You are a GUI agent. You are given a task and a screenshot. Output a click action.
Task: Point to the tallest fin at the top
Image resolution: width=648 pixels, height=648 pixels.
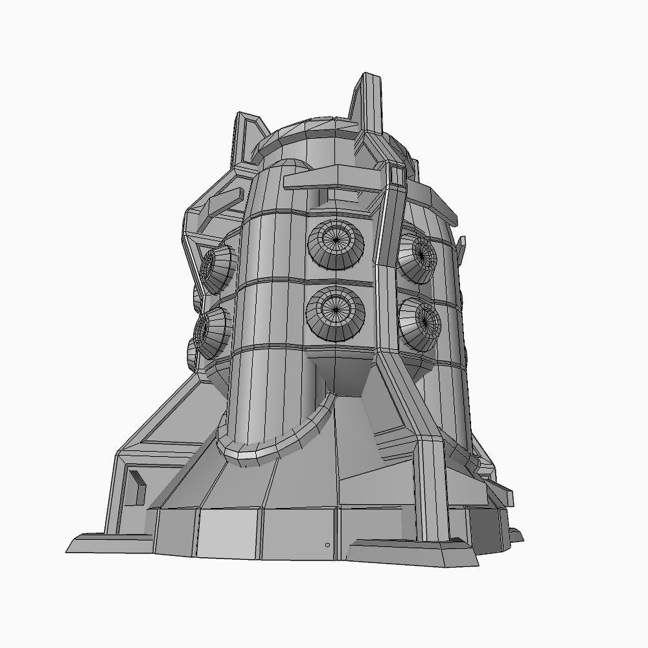(367, 104)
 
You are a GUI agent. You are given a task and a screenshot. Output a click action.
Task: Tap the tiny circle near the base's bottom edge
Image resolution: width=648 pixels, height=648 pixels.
(327, 545)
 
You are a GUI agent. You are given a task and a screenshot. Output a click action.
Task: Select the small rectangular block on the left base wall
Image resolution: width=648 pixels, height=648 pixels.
(137, 487)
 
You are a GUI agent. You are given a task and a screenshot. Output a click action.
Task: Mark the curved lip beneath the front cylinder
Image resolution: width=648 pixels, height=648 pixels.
(279, 441)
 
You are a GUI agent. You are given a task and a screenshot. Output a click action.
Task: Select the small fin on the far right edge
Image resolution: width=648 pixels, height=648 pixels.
(461, 246)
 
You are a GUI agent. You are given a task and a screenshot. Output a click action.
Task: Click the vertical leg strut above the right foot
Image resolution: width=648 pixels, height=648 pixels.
(433, 486)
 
